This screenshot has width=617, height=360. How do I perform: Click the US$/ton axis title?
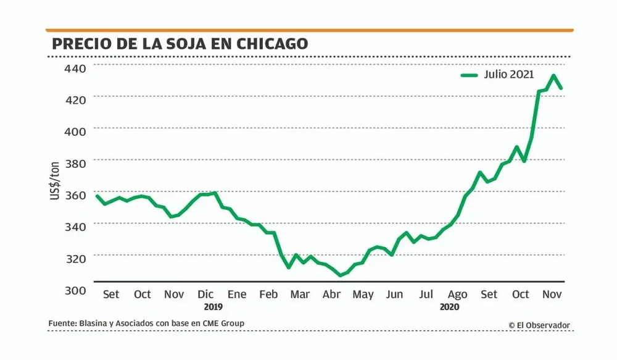(55, 180)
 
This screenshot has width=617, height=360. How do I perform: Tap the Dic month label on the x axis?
(206, 294)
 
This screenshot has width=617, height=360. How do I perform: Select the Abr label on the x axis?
(332, 294)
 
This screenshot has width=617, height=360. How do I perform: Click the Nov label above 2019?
(175, 294)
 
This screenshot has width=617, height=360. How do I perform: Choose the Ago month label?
(457, 295)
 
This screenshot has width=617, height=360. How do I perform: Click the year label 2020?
(450, 306)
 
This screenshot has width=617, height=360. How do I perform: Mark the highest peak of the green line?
(553, 76)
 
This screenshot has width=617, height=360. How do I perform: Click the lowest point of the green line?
(339, 275)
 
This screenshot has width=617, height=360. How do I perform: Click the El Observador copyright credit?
(539, 325)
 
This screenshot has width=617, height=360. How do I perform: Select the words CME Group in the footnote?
(225, 324)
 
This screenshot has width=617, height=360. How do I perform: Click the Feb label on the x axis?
(268, 294)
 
